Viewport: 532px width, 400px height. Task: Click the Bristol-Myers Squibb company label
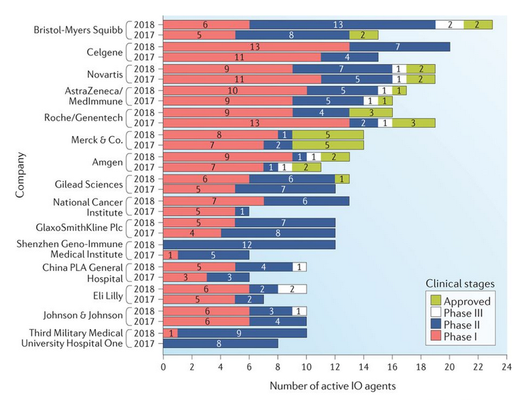[x=80, y=29]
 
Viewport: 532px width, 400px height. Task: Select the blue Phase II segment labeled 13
[x=342, y=24]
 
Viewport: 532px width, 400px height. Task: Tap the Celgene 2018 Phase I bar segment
[x=255, y=47]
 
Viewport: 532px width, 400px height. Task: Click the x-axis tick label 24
[x=507, y=367]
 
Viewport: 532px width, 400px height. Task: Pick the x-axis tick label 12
[x=334, y=367]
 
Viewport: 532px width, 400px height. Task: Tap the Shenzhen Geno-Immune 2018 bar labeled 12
[x=249, y=245]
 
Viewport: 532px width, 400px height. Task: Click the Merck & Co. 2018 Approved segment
[x=328, y=135]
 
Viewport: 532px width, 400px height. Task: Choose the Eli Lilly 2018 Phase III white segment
[x=291, y=289]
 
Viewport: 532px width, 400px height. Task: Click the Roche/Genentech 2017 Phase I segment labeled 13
[x=255, y=123]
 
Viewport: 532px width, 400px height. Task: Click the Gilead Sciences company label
[x=88, y=184]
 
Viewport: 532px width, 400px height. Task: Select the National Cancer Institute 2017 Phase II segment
[x=241, y=212]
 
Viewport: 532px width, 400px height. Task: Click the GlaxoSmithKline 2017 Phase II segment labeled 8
[x=277, y=234]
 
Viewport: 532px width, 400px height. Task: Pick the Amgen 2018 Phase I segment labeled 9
[x=226, y=157]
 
